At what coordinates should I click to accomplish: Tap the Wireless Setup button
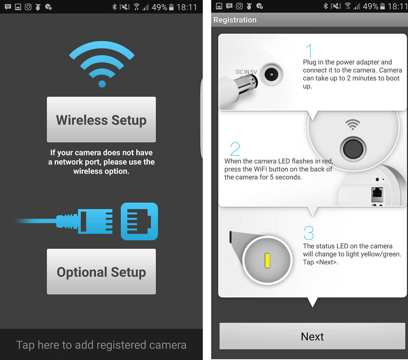pyautogui.click(x=101, y=119)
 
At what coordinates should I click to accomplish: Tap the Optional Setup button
pyautogui.click(x=101, y=272)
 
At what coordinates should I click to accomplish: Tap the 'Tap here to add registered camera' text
pyautogui.click(x=101, y=345)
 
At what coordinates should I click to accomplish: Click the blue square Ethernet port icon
pyautogui.click(x=139, y=221)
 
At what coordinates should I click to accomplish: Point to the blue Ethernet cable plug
pyautogui.click(x=86, y=221)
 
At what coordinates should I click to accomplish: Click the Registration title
pyautogui.click(x=235, y=20)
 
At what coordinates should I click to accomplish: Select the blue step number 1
pyautogui.click(x=309, y=51)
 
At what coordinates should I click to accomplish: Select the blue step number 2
pyautogui.click(x=235, y=149)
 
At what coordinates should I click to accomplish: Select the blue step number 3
pyautogui.click(x=308, y=233)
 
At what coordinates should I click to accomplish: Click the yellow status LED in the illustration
pyautogui.click(x=267, y=261)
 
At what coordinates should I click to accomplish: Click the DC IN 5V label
pyautogui.click(x=246, y=72)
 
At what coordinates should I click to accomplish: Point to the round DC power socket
pyautogui.click(x=271, y=74)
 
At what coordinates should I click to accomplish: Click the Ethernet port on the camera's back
pyautogui.click(x=377, y=194)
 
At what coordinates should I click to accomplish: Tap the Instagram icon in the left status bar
pyautogui.click(x=28, y=7)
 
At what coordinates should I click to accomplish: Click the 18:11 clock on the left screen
pyautogui.click(x=186, y=7)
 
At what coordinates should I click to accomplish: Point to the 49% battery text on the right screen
pyautogui.click(x=370, y=7)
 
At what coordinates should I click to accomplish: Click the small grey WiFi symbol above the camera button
pyautogui.click(x=353, y=124)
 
